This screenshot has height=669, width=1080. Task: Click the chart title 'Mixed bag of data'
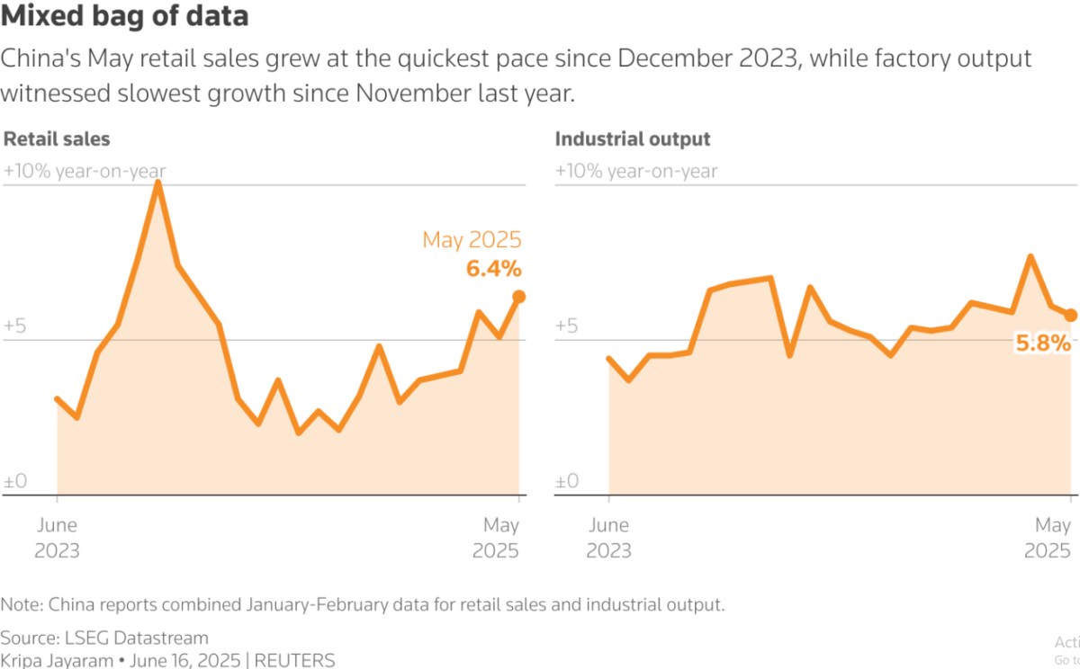coord(125,16)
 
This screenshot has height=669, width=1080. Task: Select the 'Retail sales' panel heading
coord(57,139)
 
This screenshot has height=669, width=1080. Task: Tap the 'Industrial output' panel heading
coord(633,139)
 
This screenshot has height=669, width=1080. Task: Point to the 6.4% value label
coord(493,269)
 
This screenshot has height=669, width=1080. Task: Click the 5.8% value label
coord(1043,343)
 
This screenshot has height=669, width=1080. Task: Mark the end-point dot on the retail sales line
coord(519,297)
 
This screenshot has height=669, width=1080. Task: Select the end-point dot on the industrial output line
coord(1071,315)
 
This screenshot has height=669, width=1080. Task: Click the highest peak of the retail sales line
coord(158,183)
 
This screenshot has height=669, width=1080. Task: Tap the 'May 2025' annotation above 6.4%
coord(472,240)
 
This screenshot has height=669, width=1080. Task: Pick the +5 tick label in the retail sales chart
coord(15,326)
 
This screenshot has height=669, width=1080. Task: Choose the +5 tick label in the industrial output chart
coord(567,326)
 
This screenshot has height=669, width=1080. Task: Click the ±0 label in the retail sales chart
coord(15,482)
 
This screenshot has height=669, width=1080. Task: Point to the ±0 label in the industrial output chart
coord(567,482)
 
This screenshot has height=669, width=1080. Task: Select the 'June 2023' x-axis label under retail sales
coord(57,538)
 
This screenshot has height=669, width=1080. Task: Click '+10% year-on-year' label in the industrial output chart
coord(636,171)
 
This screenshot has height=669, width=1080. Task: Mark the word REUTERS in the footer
coord(294,660)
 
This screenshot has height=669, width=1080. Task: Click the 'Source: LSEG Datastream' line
coord(104,638)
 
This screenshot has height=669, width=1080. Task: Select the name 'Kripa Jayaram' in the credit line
coord(55,660)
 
